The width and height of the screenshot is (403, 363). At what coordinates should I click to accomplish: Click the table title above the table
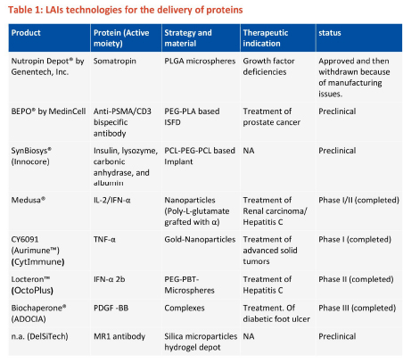pyautogui.click(x=125, y=10)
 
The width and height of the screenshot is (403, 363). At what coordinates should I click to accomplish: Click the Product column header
pyautogui.click(x=26, y=33)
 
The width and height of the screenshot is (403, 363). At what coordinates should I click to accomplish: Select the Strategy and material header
pyautogui.click(x=188, y=38)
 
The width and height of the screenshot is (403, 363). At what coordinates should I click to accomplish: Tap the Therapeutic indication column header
pyautogui.click(x=266, y=38)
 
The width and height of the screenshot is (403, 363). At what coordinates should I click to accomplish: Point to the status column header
pyautogui.click(x=330, y=33)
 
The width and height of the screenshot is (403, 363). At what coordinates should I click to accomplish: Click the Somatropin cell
pyautogui.click(x=115, y=61)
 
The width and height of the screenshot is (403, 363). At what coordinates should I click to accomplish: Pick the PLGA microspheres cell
pyautogui.click(x=200, y=61)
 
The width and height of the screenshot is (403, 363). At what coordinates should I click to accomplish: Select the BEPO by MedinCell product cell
pyautogui.click(x=48, y=111)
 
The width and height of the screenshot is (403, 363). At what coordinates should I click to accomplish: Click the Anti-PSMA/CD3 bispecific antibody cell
pyautogui.click(x=122, y=122)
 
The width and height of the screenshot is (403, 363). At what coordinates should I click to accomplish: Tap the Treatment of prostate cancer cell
pyautogui.click(x=271, y=117)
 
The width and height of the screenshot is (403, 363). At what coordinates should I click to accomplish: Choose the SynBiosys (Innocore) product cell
pyautogui.click(x=31, y=156)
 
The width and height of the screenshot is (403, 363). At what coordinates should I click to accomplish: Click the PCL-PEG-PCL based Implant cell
pyautogui.click(x=200, y=156)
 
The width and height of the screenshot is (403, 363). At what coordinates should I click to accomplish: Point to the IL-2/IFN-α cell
pyautogui.click(x=111, y=200)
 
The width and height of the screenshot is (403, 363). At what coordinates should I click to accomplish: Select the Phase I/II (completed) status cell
pyautogui.click(x=358, y=200)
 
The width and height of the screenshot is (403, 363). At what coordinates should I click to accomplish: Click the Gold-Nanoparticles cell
pyautogui.click(x=200, y=239)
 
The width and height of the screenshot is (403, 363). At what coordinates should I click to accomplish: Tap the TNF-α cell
pyautogui.click(x=104, y=239)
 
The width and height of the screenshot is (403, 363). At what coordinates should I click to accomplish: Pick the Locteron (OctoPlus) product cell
pyautogui.click(x=32, y=285)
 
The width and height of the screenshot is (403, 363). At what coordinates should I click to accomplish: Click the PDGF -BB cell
pyautogui.click(x=111, y=308)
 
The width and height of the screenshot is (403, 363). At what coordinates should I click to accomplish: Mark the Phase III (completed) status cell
pyautogui.click(x=357, y=308)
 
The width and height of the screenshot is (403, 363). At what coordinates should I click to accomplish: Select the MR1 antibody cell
pyautogui.click(x=119, y=336)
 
